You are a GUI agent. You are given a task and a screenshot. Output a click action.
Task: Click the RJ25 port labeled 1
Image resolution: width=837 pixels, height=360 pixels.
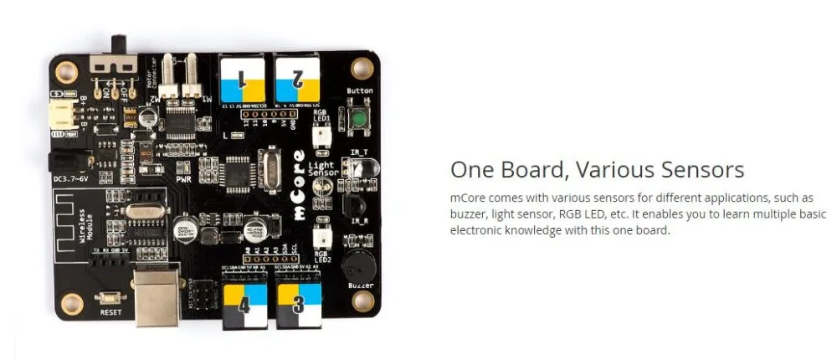coord(242,79)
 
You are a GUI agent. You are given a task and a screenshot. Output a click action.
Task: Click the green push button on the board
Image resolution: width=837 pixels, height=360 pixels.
coord(359,120)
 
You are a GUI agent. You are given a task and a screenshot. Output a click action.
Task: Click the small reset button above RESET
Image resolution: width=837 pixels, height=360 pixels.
coord(110,297)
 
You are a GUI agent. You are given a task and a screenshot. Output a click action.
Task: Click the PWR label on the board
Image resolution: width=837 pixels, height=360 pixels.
coord(184,177)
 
